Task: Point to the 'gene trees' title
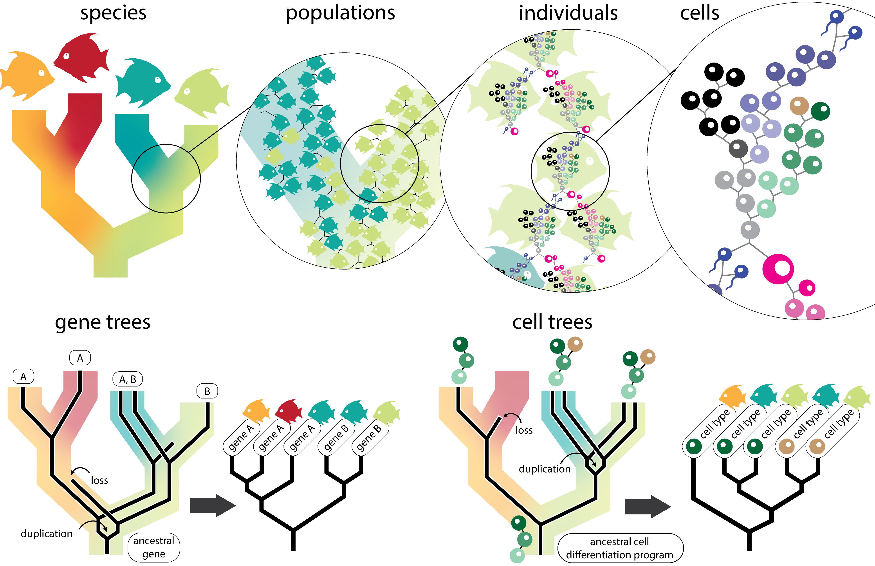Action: coord(103,322)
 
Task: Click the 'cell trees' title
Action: coord(552,322)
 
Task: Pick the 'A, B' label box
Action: coord(128,379)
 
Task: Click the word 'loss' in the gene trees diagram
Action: coord(99,480)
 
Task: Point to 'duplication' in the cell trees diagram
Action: coord(545,469)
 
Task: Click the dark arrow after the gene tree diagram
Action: coord(213,506)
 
